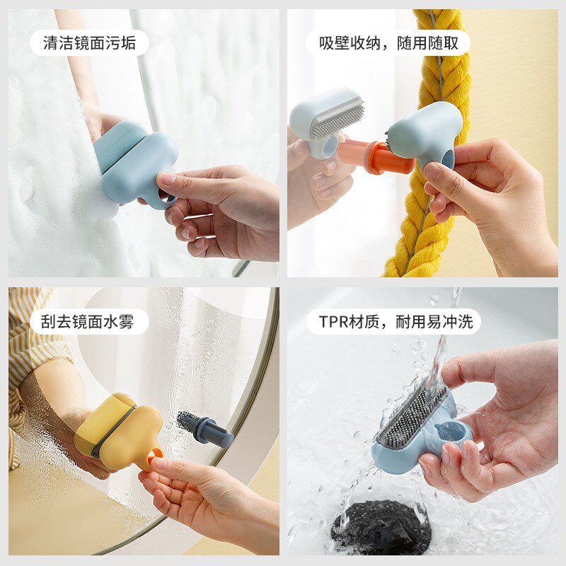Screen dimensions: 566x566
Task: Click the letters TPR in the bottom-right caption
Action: click(x=335, y=322)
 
